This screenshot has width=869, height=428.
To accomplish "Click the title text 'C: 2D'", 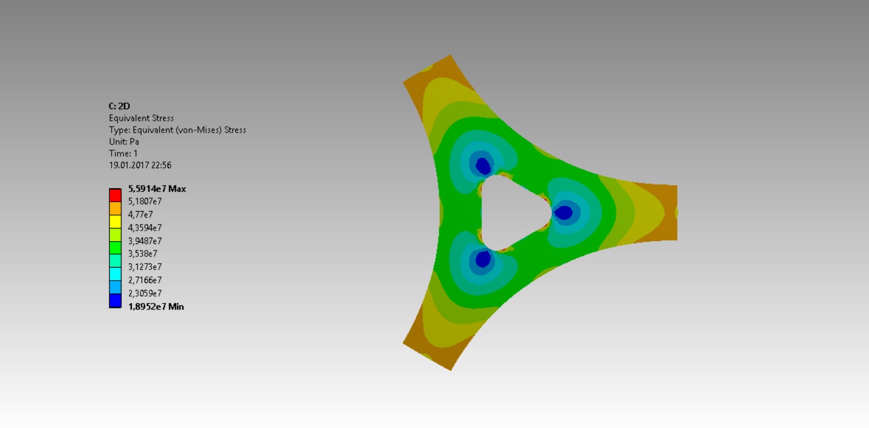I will tap(119, 106).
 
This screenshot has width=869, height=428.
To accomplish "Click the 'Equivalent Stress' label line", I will tap(141, 118).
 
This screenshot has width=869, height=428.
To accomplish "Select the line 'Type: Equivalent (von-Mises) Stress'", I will tap(177, 130).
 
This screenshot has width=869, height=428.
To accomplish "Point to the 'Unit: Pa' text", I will tap(124, 141).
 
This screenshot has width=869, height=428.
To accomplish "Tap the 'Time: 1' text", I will tap(124, 153).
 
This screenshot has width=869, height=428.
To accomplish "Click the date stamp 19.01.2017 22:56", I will tap(140, 165).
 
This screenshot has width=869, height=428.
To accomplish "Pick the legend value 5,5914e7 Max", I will tap(157, 189).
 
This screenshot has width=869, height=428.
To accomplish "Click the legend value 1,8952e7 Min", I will tap(156, 307).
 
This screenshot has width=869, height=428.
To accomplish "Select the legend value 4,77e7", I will tap(141, 215).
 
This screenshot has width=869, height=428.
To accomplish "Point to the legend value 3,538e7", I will tap(142, 253).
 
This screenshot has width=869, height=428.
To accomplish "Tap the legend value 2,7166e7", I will tap(145, 280).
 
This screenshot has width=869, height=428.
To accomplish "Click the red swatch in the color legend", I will tap(115, 195).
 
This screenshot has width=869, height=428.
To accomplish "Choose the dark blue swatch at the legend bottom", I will tap(115, 301).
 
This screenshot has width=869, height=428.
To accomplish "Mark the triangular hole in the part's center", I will tap(511, 212).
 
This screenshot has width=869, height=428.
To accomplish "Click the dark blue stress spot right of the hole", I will tap(564, 212).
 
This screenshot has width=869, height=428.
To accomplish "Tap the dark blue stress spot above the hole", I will tap(483, 166).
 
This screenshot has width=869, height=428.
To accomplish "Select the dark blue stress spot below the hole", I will tap(483, 259).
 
